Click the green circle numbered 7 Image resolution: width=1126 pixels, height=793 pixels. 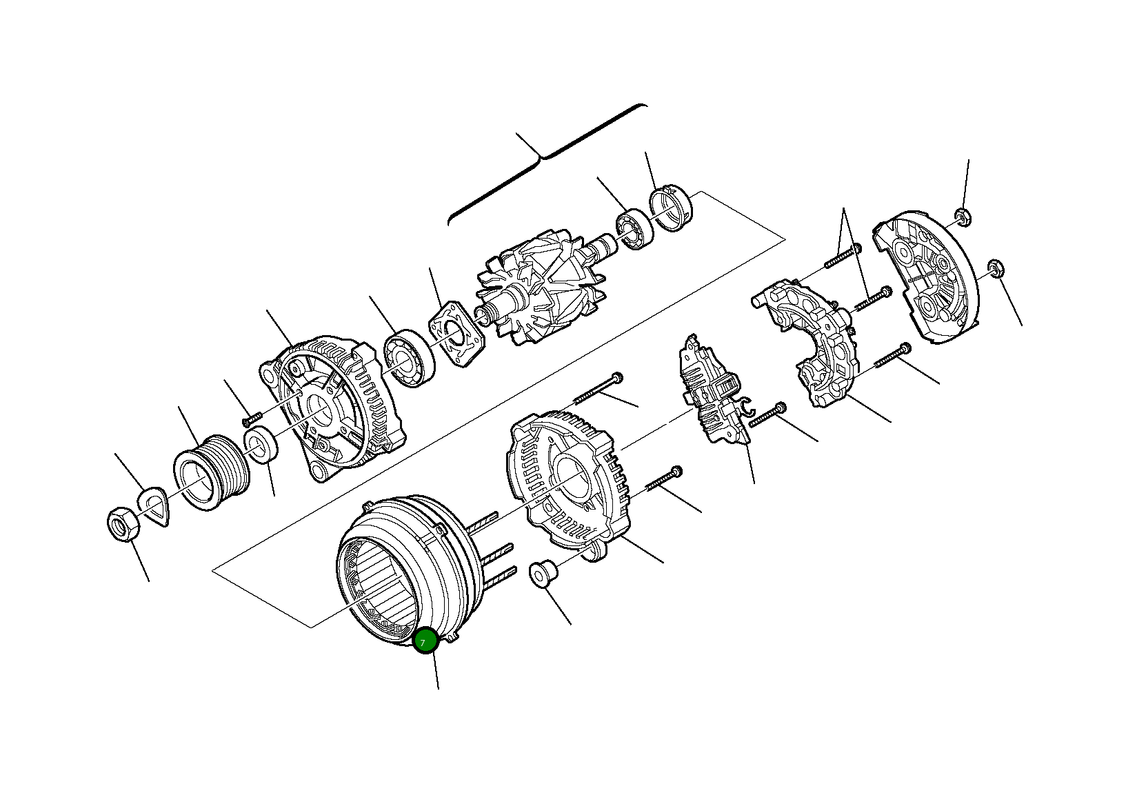click(x=425, y=641)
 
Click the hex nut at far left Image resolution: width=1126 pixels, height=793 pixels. click(x=124, y=526)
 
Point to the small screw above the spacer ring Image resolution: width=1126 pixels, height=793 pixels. click(x=252, y=418)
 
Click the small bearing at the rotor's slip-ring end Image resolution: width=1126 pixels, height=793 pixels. click(x=634, y=232)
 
